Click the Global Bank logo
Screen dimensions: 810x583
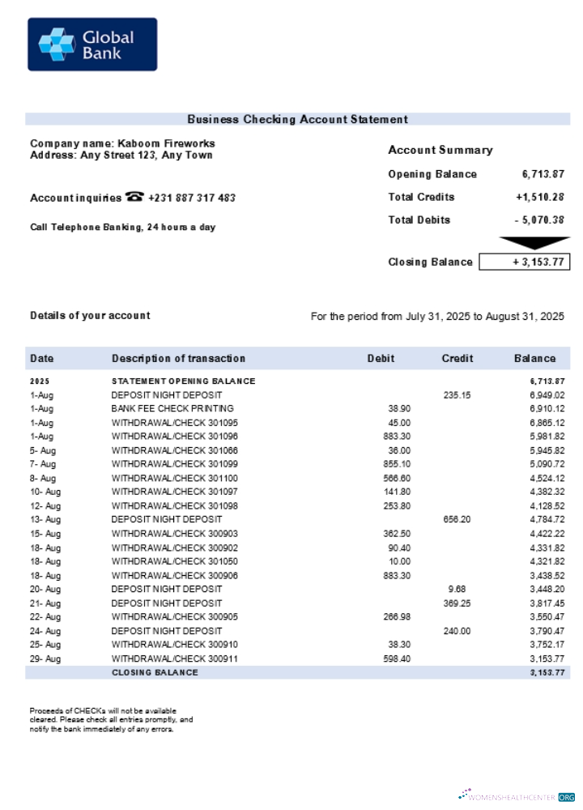coord(92,45)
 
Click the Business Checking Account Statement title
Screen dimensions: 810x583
coord(297,119)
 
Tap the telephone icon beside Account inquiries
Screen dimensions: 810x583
coord(134,197)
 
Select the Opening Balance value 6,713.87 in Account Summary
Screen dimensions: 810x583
coord(543,174)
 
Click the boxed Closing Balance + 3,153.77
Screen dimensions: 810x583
coord(525,262)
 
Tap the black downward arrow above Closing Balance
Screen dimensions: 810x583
coord(534,242)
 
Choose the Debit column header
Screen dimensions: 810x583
coord(381,358)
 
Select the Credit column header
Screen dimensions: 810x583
coord(457,358)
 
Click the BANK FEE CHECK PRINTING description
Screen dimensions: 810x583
coord(172,408)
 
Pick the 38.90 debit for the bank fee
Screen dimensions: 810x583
coord(399,408)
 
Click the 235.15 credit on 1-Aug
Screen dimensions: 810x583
coord(457,394)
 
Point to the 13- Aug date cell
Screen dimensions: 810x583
coord(45,519)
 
